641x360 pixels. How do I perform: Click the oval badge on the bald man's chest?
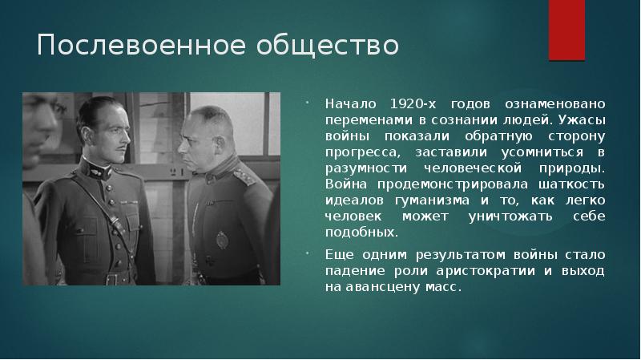pyautogui.click(x=221, y=240)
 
